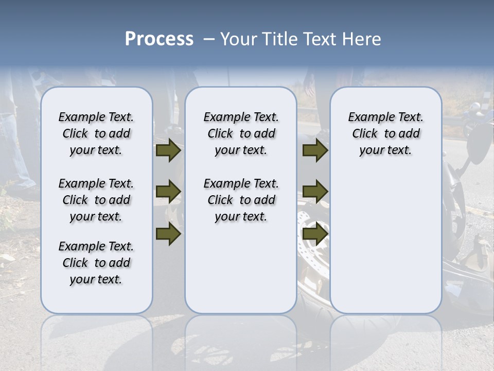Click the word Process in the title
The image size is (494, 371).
pyautogui.click(x=159, y=39)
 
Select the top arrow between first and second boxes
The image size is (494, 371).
pyautogui.click(x=168, y=150)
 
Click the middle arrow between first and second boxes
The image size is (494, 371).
pyautogui.click(x=168, y=192)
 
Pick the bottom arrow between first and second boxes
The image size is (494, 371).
pyautogui.click(x=168, y=234)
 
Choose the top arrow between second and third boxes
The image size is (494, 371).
pyautogui.click(x=315, y=150)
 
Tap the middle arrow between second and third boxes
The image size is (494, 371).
pyautogui.click(x=315, y=192)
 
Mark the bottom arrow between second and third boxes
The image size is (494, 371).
pyautogui.click(x=315, y=234)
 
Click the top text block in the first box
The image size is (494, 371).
pyautogui.click(x=96, y=133)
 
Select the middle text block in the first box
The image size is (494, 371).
pyautogui.click(x=96, y=200)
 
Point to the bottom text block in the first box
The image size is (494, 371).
pyautogui.click(x=96, y=263)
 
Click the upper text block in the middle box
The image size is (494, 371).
pyautogui.click(x=241, y=133)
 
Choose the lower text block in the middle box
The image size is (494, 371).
pyautogui.click(x=241, y=200)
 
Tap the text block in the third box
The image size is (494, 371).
pyautogui.click(x=385, y=133)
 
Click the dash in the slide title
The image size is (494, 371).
pyautogui.click(x=209, y=39)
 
